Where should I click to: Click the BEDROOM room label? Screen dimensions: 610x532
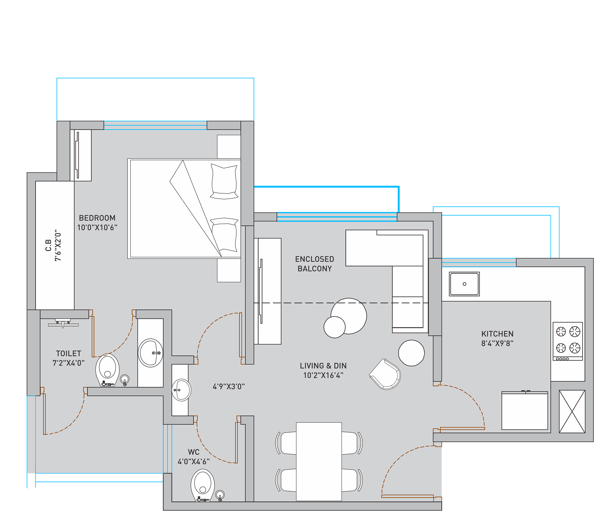pos(97,218)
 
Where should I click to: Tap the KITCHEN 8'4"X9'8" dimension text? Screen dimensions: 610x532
pos(497,343)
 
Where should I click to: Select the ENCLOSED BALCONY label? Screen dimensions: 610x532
pos(314,264)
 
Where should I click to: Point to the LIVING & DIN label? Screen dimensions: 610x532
pos(323,366)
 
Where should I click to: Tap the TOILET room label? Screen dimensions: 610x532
pos(69,353)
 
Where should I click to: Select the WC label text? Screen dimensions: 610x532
pos(194,452)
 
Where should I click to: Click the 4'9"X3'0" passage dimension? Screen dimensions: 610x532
pos(229,387)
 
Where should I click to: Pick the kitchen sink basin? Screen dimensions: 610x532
pos(464,284)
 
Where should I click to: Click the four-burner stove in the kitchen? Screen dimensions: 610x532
pos(568,341)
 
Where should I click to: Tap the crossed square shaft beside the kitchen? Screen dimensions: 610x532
pos(572,411)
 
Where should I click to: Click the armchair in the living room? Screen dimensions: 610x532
pos(385,374)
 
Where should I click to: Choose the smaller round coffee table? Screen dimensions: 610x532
pos(335,327)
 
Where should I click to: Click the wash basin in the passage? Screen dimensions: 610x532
pos(181,390)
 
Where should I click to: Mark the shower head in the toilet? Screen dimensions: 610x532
pos(63,323)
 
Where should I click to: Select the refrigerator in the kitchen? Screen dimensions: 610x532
pos(525,410)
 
